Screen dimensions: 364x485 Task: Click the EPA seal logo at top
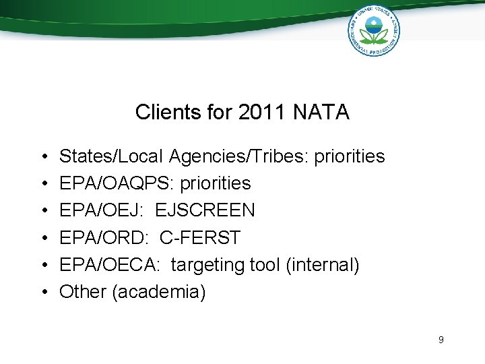[x=373, y=30]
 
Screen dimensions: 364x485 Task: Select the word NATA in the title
[x=321, y=112]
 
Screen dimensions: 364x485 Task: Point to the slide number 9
[x=441, y=340]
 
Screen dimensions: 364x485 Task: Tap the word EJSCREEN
[x=205, y=210]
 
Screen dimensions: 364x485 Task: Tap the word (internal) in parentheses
[x=322, y=265]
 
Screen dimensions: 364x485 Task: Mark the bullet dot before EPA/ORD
[x=43, y=238]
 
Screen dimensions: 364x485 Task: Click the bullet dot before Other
[x=43, y=292]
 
